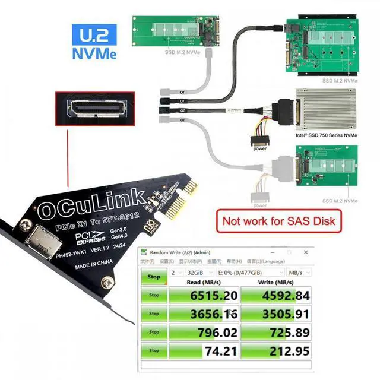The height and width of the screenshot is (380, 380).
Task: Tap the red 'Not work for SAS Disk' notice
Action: click(278, 222)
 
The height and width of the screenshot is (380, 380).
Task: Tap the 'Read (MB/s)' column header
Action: click(204, 282)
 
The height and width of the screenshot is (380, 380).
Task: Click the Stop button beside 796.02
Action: click(154, 332)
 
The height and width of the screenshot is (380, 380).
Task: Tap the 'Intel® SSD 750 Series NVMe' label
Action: click(327, 135)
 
